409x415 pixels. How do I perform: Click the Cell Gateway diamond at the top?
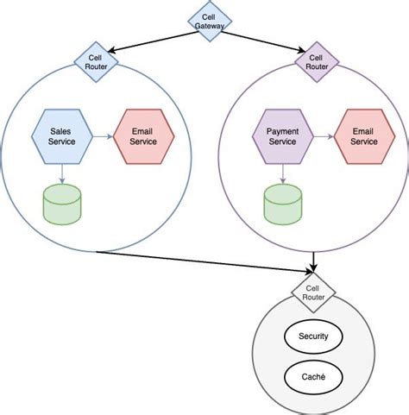point(204,23)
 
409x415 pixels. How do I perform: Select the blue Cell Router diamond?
point(96,62)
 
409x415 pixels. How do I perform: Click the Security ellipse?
point(312,336)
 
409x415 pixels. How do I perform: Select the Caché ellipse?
point(312,378)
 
